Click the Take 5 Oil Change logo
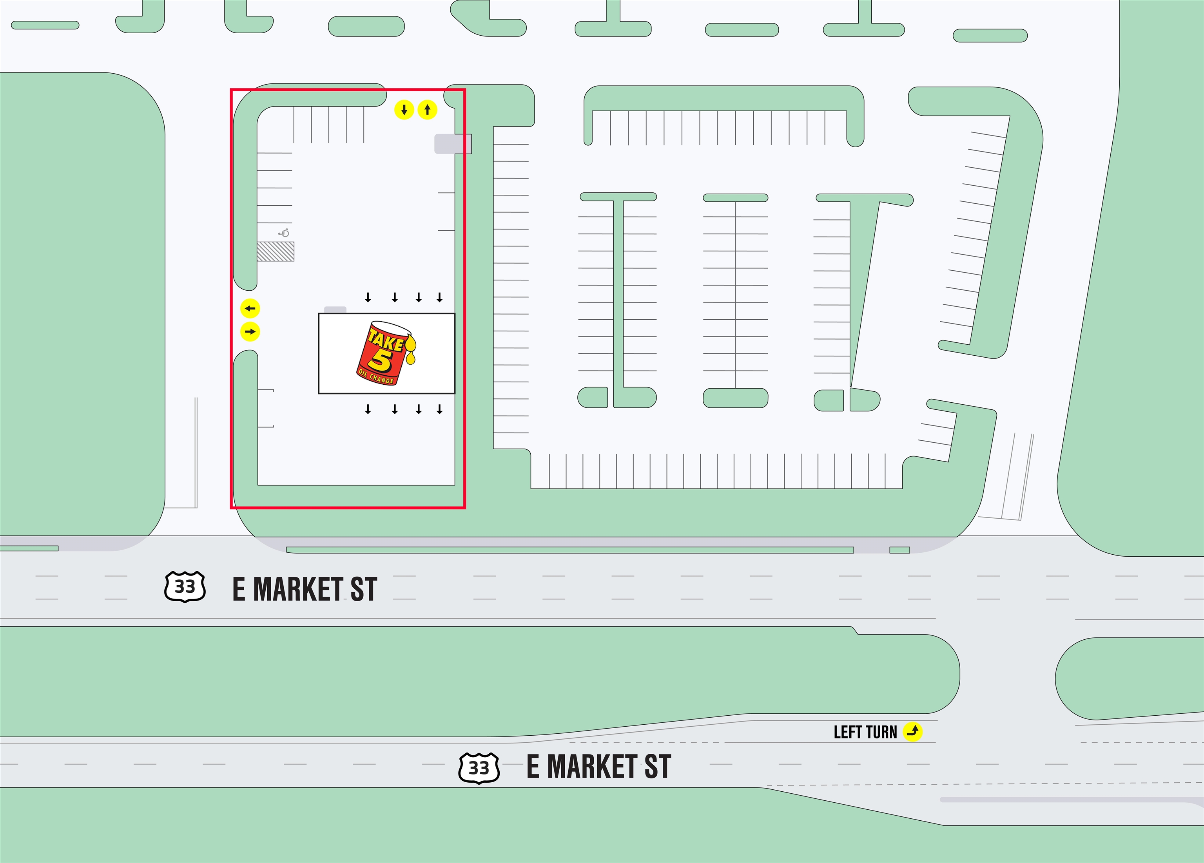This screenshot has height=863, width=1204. click(386, 353)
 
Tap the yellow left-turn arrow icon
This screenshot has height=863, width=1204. click(912, 731)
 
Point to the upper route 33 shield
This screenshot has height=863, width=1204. click(185, 586)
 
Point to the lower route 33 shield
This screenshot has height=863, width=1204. click(479, 767)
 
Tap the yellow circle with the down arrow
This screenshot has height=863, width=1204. click(404, 110)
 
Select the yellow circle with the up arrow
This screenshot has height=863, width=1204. click(427, 110)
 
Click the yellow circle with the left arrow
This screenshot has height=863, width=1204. click(250, 308)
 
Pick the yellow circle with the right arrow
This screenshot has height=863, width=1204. click(250, 332)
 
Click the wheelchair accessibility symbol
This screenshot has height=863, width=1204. click(285, 232)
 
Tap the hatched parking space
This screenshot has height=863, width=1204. click(276, 251)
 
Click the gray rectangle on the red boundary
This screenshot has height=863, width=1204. click(453, 144)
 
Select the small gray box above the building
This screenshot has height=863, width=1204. click(335, 310)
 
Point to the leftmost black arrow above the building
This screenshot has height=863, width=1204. click(368, 297)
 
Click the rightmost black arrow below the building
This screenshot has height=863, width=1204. click(440, 409)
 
